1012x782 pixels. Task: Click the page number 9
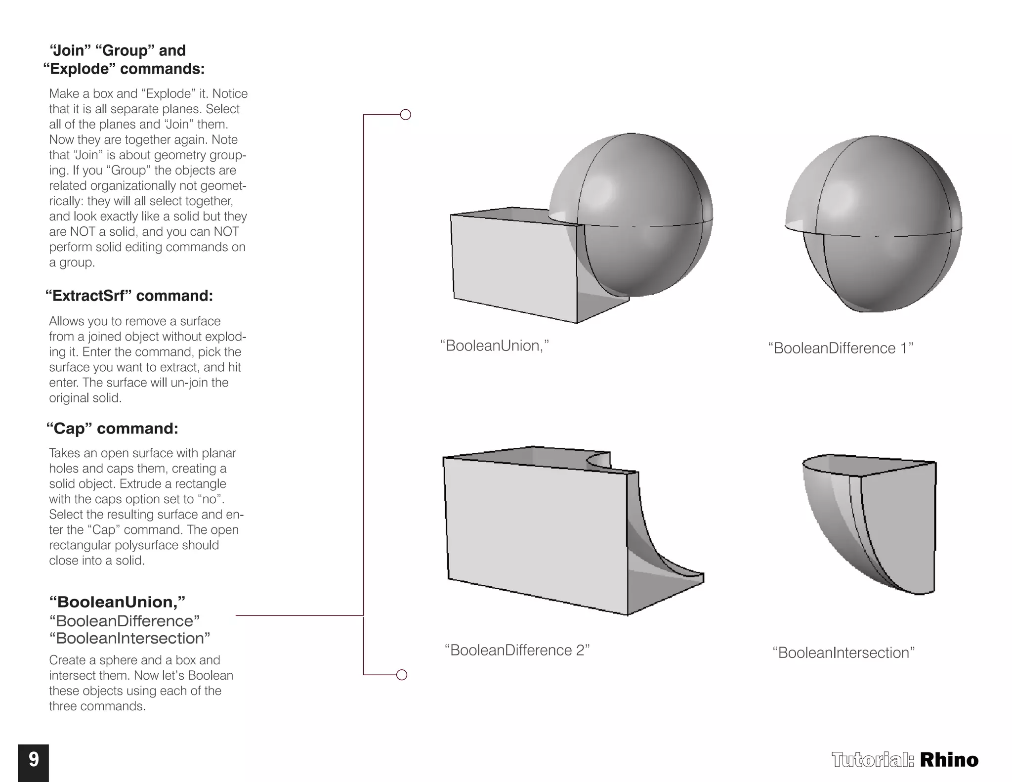[x=34, y=759]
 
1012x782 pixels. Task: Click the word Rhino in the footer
[x=949, y=760]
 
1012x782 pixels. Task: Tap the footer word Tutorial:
[x=873, y=760]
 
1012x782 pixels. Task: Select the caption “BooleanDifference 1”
[x=841, y=348]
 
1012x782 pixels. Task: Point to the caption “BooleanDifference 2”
[x=517, y=650]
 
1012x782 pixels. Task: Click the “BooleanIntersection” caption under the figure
[x=843, y=652]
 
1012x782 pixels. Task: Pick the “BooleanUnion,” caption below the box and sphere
[x=495, y=346]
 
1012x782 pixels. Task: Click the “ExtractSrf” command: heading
[x=129, y=296]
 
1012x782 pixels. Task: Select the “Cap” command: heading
[x=112, y=428]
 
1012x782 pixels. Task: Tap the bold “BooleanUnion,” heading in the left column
[x=117, y=602]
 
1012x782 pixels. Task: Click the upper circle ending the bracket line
[x=405, y=115]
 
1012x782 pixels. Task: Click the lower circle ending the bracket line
[x=402, y=675]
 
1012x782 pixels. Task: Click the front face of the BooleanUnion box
[x=514, y=267]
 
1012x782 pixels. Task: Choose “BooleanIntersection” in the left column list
[x=130, y=638]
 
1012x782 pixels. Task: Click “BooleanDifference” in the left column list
[x=125, y=620]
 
